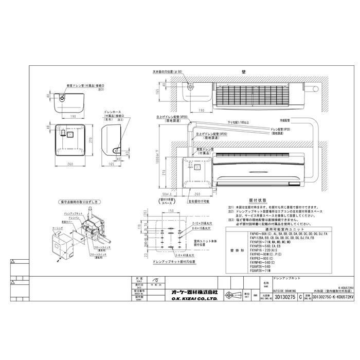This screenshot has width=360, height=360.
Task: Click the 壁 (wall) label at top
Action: click(x=235, y=71)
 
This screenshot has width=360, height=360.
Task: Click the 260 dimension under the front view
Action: click(x=70, y=164)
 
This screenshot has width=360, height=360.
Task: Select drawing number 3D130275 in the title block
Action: click(x=284, y=297)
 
